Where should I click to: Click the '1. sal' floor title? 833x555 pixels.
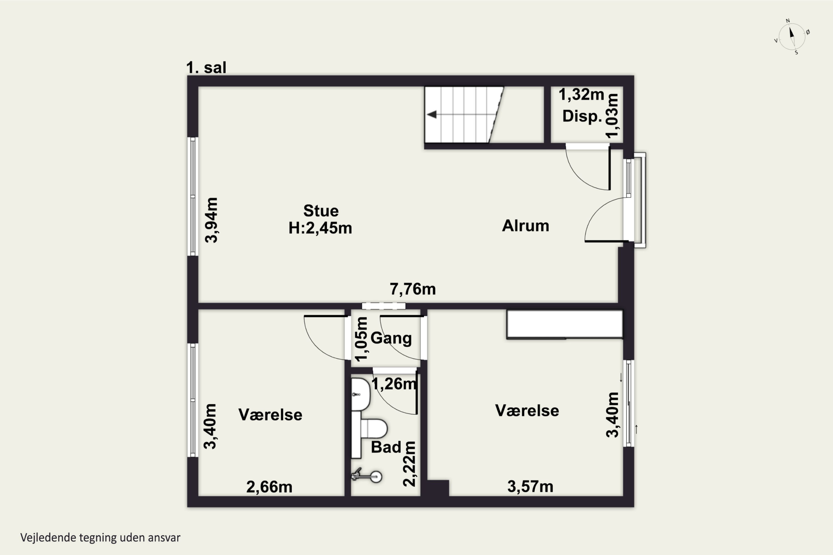pyautogui.click(x=206, y=67)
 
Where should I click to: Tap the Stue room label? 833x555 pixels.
pyautogui.click(x=321, y=211)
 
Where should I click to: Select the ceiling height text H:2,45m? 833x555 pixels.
pyautogui.click(x=320, y=228)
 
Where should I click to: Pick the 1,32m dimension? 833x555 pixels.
pyautogui.click(x=581, y=95)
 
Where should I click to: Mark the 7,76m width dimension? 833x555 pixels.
pyautogui.click(x=413, y=289)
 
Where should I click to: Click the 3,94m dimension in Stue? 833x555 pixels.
pyautogui.click(x=211, y=220)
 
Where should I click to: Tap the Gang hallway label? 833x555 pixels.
pyautogui.click(x=391, y=338)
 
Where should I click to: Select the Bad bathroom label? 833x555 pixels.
pyautogui.click(x=386, y=447)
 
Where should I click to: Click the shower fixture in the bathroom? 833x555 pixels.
pyautogui.click(x=367, y=475)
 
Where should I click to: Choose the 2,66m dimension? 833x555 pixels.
pyautogui.click(x=269, y=487)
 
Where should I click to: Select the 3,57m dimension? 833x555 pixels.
pyautogui.click(x=530, y=487)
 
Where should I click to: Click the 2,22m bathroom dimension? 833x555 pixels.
pyautogui.click(x=409, y=464)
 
